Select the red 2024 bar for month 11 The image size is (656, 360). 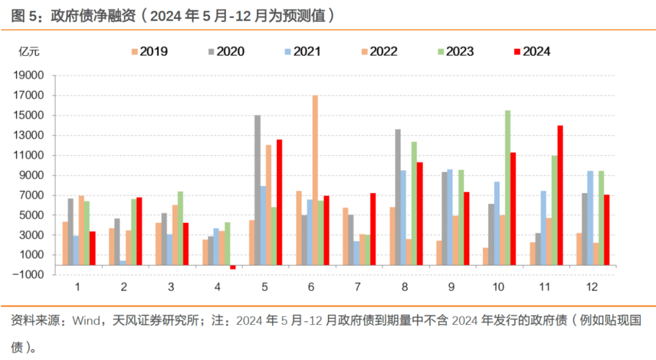tap(560, 195)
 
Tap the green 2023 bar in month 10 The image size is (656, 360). tap(507, 188)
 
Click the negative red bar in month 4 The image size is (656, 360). tap(233, 267)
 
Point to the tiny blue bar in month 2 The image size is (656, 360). tap(123, 262)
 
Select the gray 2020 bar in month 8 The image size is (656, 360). tap(398, 197)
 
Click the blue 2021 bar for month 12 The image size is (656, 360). tap(590, 218)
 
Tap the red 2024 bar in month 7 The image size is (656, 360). tap(373, 229)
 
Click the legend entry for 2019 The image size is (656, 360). tap(149, 52)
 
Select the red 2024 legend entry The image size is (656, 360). tap(531, 52)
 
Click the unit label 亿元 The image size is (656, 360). tap(29, 52)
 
